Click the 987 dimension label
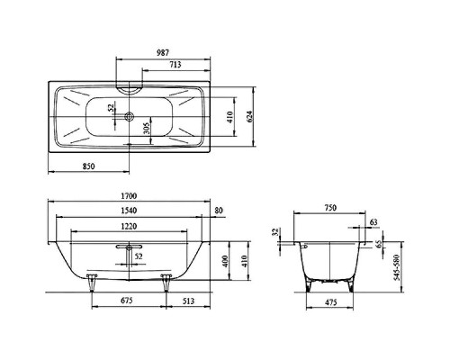tap(163, 52)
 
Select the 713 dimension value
tap(175, 65)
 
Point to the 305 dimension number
tap(147, 130)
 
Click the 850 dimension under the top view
tap(89, 166)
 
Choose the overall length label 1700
tap(129, 196)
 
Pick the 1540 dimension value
tap(129, 211)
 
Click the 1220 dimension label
tap(129, 226)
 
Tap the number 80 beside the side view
tap(219, 211)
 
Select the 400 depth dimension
tap(226, 261)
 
